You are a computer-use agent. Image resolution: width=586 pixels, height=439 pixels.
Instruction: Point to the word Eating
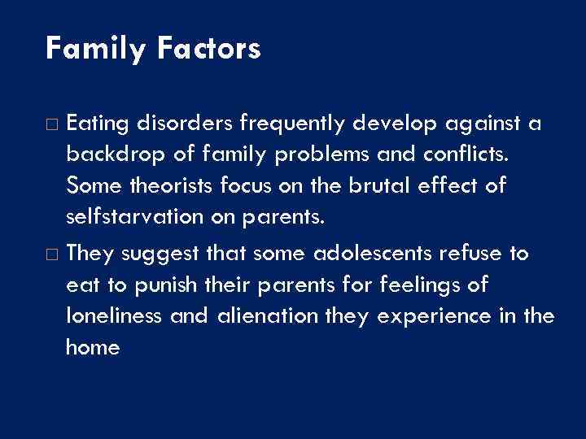coord(95,124)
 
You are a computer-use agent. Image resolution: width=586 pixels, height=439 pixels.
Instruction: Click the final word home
coord(92,347)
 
